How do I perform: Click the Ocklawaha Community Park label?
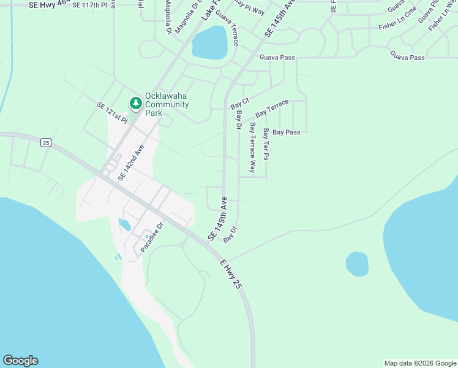click(x=166, y=100)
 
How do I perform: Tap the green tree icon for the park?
click(x=135, y=104)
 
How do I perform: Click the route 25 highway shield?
click(x=46, y=142)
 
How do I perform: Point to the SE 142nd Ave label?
click(x=130, y=162)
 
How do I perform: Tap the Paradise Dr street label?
click(x=152, y=237)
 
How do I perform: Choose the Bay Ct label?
click(x=241, y=104)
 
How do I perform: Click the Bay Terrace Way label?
click(x=252, y=147)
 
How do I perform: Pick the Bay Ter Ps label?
click(x=266, y=145)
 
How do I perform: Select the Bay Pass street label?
click(x=286, y=132)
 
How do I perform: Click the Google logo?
click(x=20, y=361)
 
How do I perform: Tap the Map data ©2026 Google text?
click(x=420, y=363)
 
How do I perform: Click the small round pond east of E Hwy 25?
click(x=357, y=264)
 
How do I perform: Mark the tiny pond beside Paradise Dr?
click(x=124, y=225)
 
